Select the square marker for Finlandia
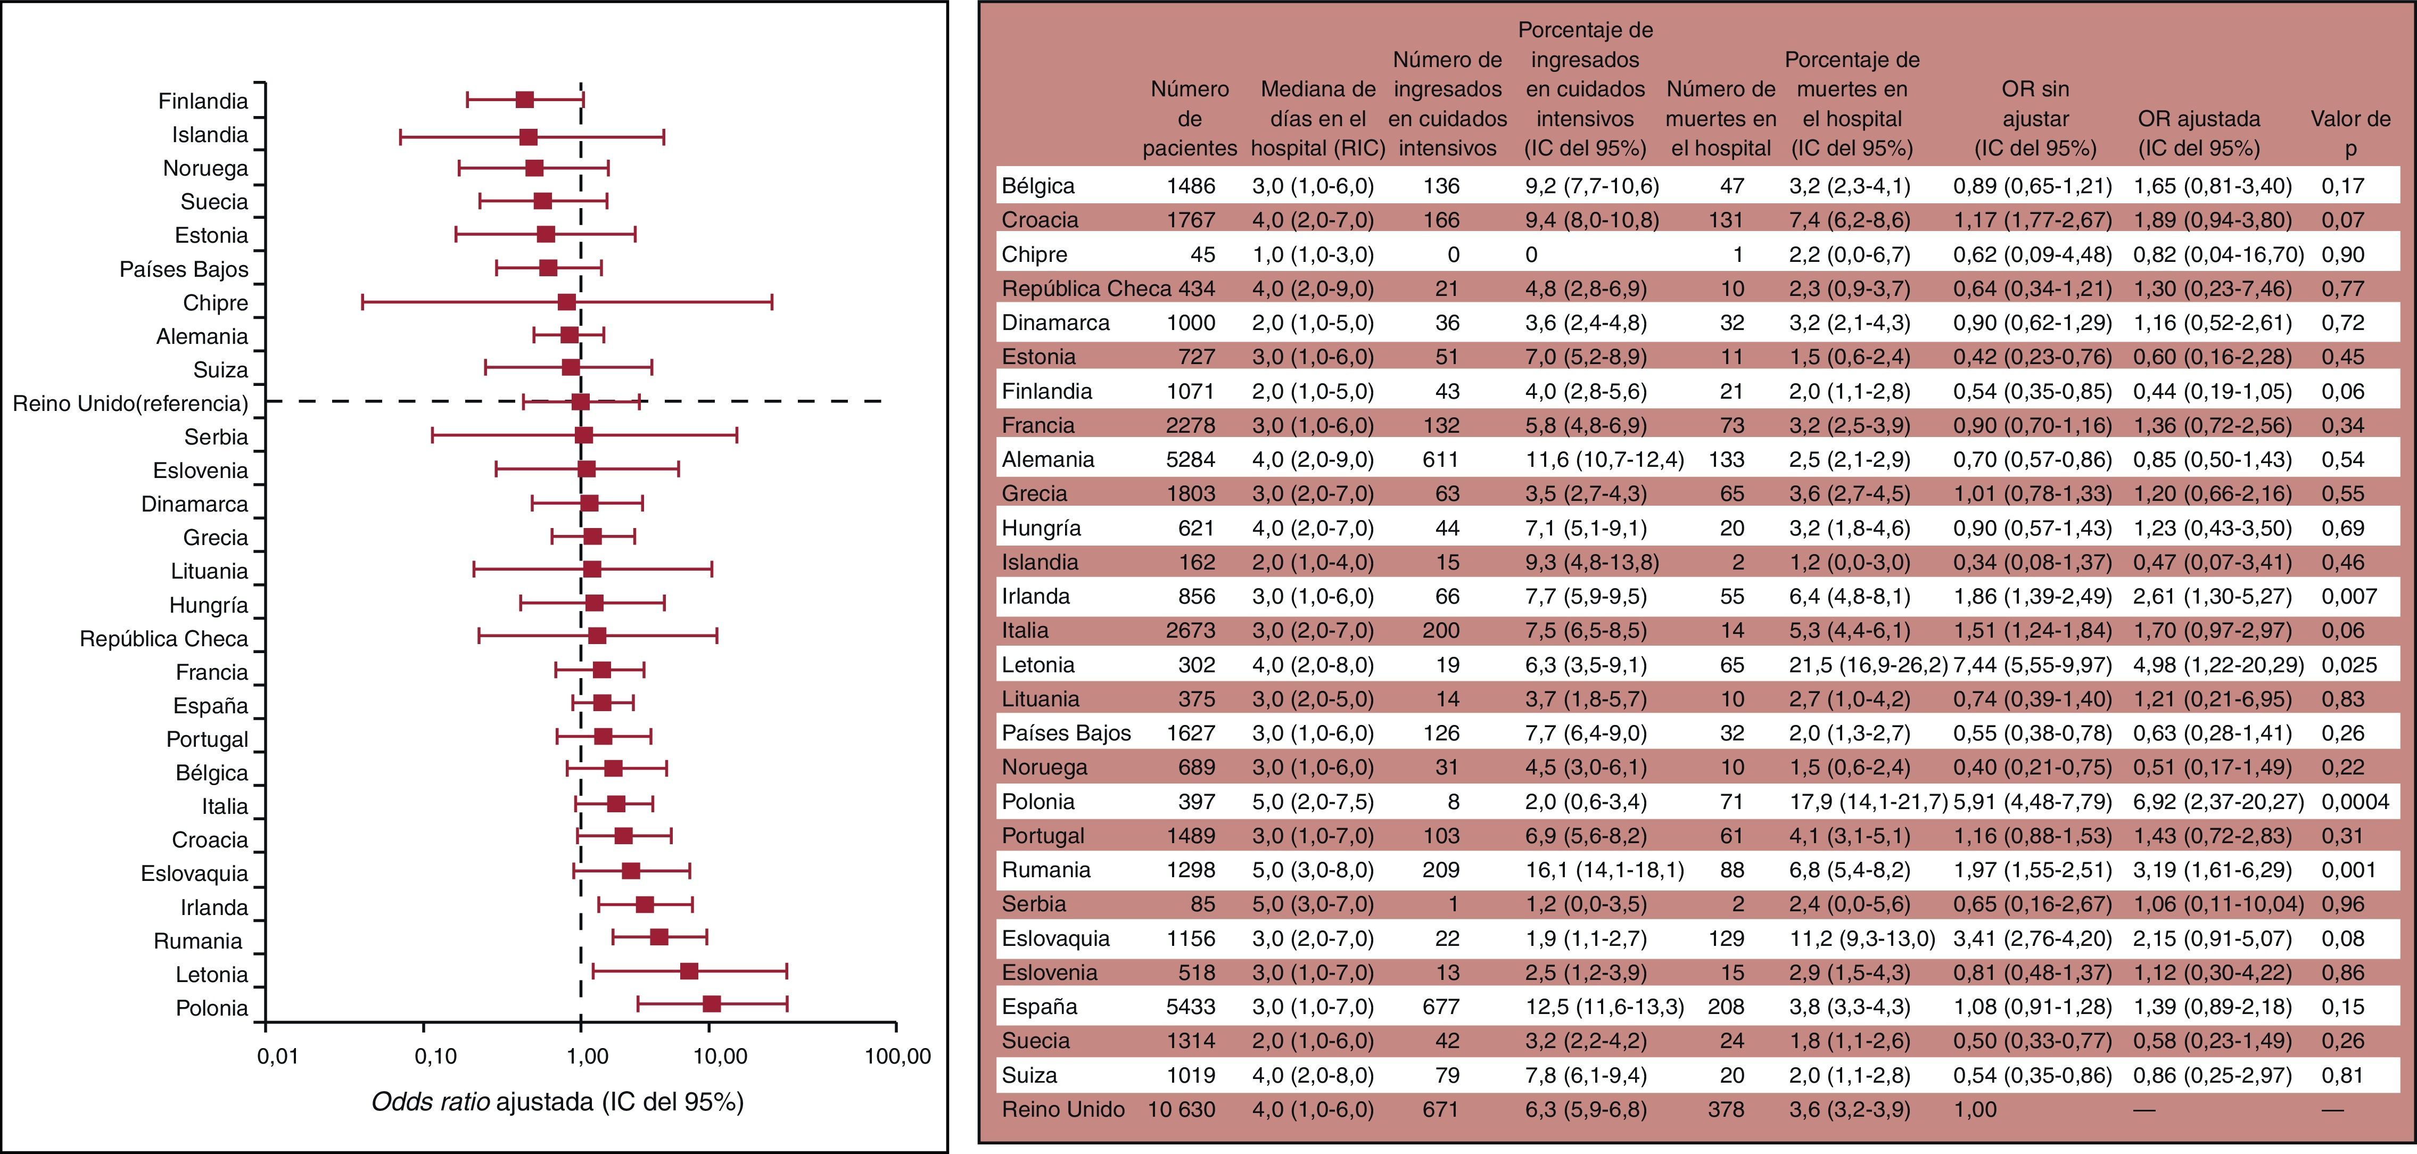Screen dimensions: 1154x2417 (x=524, y=100)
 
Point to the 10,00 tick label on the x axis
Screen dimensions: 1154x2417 (x=721, y=1057)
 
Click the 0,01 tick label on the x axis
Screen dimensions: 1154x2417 (x=278, y=1057)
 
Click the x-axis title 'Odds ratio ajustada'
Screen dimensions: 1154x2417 (x=557, y=1101)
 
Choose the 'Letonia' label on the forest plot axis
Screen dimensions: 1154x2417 (x=212, y=975)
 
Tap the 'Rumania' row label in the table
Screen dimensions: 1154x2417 (x=1046, y=870)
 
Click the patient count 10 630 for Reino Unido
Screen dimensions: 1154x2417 (x=1181, y=1109)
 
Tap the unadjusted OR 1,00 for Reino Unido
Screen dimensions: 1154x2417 (x=1975, y=1109)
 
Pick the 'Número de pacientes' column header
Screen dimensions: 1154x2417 (x=1190, y=118)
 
